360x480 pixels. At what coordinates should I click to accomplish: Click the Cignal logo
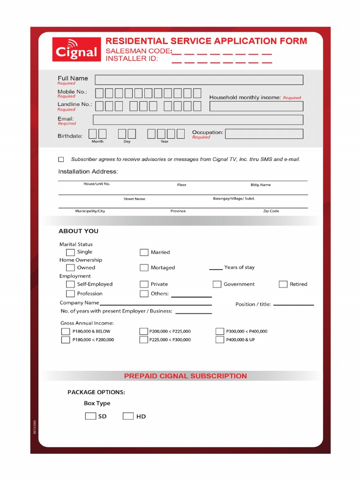coord(76,49)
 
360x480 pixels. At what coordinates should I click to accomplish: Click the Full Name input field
coord(199,80)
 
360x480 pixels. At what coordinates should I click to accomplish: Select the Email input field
coord(198,120)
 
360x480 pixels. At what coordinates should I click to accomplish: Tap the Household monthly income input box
coord(256,106)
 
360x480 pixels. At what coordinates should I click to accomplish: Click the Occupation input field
coord(264,134)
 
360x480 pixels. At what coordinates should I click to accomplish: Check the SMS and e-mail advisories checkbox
coord(61,159)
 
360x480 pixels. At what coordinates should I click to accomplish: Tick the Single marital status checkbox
coord(70,253)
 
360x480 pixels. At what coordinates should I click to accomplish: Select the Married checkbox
coord(144,253)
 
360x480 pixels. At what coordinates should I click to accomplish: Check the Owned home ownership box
coord(70,268)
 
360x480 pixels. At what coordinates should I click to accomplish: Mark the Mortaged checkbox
coord(144,268)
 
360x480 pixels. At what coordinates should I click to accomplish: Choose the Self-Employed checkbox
coord(70,284)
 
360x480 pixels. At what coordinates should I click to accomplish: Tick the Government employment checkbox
coord(217,284)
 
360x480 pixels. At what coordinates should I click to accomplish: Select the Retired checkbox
coord(283,284)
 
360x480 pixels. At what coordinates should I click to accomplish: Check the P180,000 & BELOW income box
coord(66,331)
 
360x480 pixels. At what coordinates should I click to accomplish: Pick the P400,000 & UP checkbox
coord(220,340)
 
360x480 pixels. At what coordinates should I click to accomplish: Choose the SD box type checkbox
coord(90,416)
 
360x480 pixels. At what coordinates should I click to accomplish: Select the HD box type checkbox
coord(128,416)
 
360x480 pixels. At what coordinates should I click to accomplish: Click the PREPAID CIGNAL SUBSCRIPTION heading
coord(185,376)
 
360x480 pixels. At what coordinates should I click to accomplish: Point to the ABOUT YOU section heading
coord(78,231)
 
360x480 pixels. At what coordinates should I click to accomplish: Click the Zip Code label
coord(271,211)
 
